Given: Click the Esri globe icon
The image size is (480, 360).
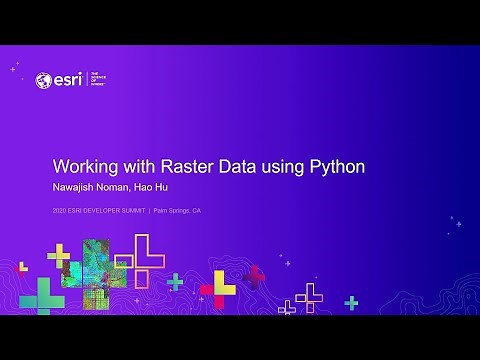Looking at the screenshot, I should pyautogui.click(x=43, y=80).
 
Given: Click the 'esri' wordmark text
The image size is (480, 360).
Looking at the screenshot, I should pyautogui.click(x=68, y=80).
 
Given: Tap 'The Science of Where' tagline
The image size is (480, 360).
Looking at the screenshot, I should pyautogui.click(x=97, y=80).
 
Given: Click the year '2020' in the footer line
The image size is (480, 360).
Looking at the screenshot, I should pyautogui.click(x=63, y=211).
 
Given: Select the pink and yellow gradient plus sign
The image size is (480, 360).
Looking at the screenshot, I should pyautogui.click(x=218, y=290).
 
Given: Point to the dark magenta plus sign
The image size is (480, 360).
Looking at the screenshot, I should pyautogui.click(x=256, y=276).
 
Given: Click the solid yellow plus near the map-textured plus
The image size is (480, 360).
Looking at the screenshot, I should pyautogui.click(x=59, y=255).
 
